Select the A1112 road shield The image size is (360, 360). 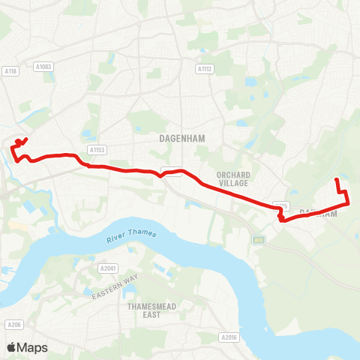pos(204,69)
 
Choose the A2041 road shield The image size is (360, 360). pos(108,267)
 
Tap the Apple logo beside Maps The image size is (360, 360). pos(11,347)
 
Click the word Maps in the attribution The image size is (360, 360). pos(32,347)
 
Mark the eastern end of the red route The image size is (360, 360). pos(336,180)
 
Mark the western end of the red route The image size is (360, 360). pos(25,139)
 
